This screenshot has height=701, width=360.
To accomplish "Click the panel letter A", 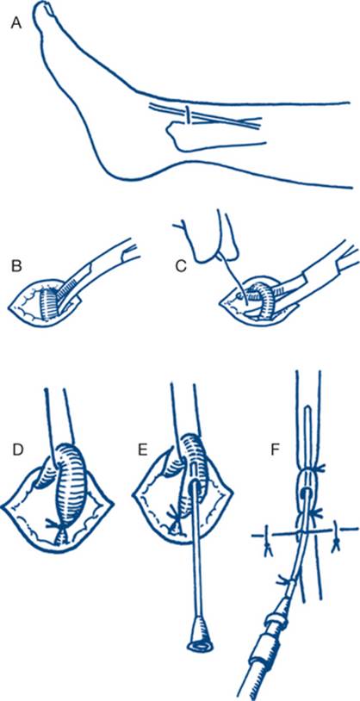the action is (16, 24).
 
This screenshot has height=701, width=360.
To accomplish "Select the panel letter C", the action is (181, 265).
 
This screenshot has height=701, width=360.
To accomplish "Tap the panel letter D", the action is (18, 451).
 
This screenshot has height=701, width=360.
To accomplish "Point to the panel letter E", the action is (143, 451).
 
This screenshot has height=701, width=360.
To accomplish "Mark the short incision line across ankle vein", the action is (189, 115).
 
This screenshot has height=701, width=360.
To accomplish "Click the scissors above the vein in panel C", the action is (203, 237).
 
